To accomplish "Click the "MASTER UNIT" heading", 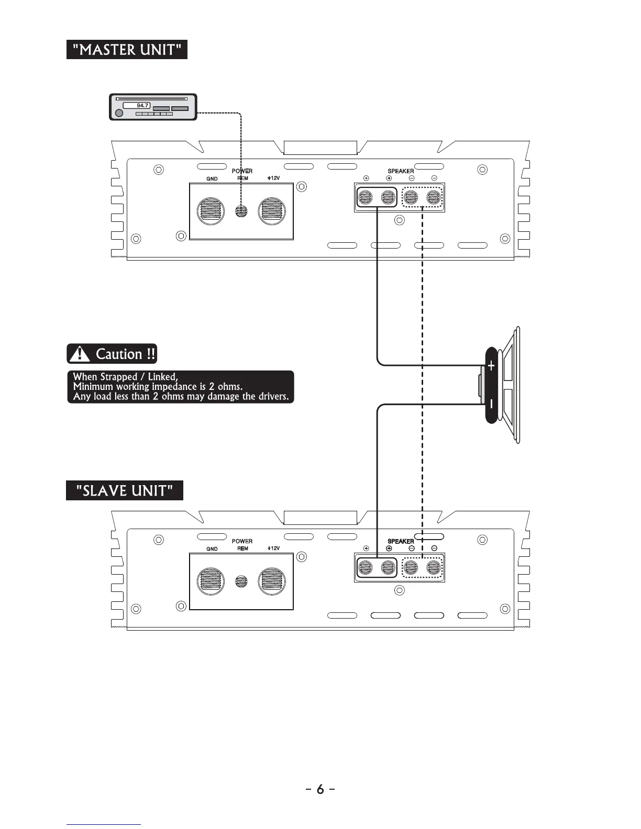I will tap(127, 50).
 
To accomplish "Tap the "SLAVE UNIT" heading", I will tap(125, 491).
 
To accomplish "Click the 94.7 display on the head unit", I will tap(137, 106).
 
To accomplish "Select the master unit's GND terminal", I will tap(211, 211).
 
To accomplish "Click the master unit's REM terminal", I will tap(241, 211).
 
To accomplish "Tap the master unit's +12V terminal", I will tap(272, 211).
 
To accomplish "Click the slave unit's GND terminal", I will tap(211, 581).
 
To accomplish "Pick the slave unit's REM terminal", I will tap(241, 581).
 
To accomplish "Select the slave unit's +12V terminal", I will tap(272, 581).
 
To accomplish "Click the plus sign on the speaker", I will tap(491, 366).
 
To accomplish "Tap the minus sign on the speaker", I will tap(491, 404).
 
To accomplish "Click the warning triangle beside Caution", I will tap(80, 354).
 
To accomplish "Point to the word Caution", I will tap(119, 354).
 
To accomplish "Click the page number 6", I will tap(320, 789).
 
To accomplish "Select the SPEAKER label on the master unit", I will tap(401, 171).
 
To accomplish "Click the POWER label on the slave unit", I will tap(242, 541).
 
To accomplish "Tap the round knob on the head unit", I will tap(119, 113).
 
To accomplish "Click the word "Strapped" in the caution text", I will tap(122, 377).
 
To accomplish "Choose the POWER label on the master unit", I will tap(242, 171).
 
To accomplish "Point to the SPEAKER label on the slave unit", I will tap(401, 541).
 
